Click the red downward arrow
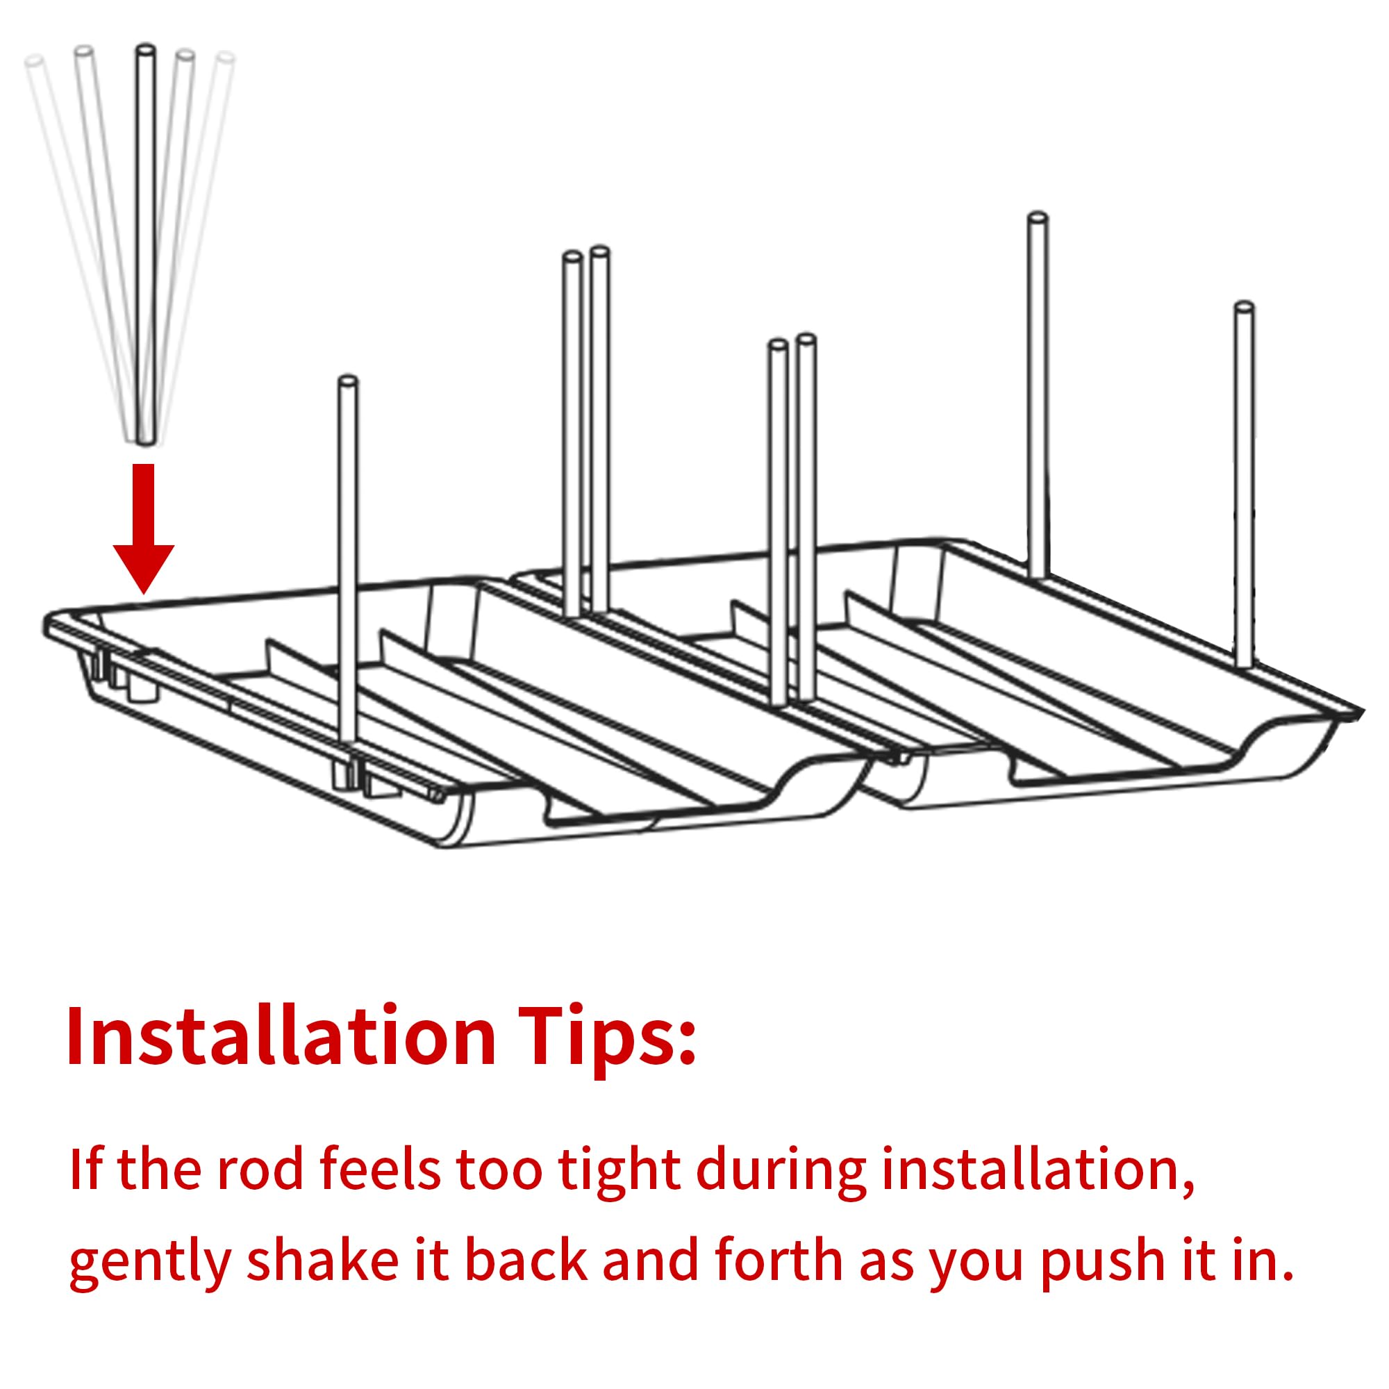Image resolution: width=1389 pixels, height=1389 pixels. tap(144, 529)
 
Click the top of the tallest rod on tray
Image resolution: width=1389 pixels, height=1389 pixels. tap(1038, 217)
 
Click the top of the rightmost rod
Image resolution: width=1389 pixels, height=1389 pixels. tap(1244, 308)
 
